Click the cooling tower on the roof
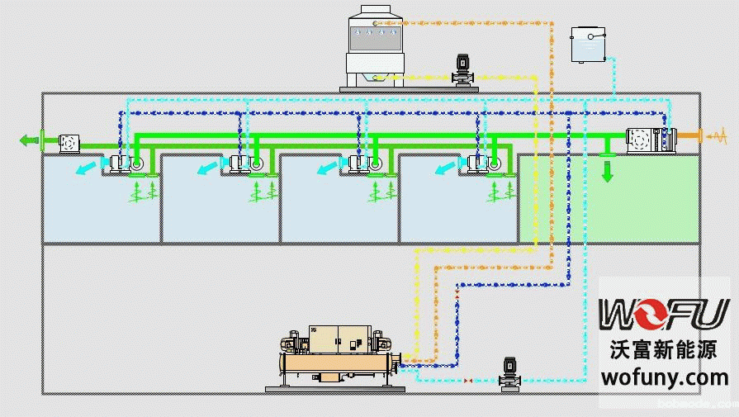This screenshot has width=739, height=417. click(x=375, y=45)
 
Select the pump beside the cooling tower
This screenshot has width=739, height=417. click(x=462, y=69)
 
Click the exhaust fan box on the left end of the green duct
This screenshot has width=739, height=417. click(x=69, y=142)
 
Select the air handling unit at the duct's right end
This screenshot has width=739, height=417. click(x=650, y=140)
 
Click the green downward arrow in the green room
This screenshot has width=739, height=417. click(x=608, y=171)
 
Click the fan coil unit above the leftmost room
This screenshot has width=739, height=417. click(x=124, y=163)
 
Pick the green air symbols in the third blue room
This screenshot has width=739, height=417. click(x=381, y=192)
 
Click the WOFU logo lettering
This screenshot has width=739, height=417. click(x=664, y=315)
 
